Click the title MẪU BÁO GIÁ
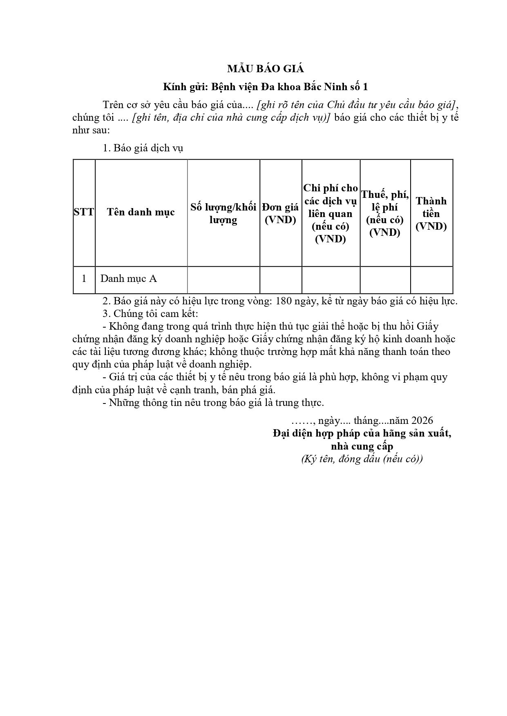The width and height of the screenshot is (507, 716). click(x=266, y=69)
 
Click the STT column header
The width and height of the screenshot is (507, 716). click(x=84, y=212)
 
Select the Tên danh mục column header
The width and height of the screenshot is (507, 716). click(x=141, y=212)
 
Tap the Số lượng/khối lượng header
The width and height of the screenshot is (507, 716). click(x=223, y=213)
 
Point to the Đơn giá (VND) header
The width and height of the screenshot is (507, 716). click(x=280, y=213)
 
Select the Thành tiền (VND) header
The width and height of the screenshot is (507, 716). click(x=431, y=213)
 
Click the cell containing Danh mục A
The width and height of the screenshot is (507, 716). click(x=129, y=279)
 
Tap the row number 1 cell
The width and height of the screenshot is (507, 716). click(x=84, y=279)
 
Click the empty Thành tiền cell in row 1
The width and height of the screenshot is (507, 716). click(x=431, y=279)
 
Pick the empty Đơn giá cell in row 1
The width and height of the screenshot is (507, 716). click(x=280, y=279)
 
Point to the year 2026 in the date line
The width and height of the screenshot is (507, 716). click(x=422, y=421)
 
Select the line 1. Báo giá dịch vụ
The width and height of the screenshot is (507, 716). click(x=143, y=148)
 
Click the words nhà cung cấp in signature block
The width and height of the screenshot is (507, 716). click(x=362, y=446)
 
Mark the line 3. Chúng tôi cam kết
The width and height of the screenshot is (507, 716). click(x=150, y=314)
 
